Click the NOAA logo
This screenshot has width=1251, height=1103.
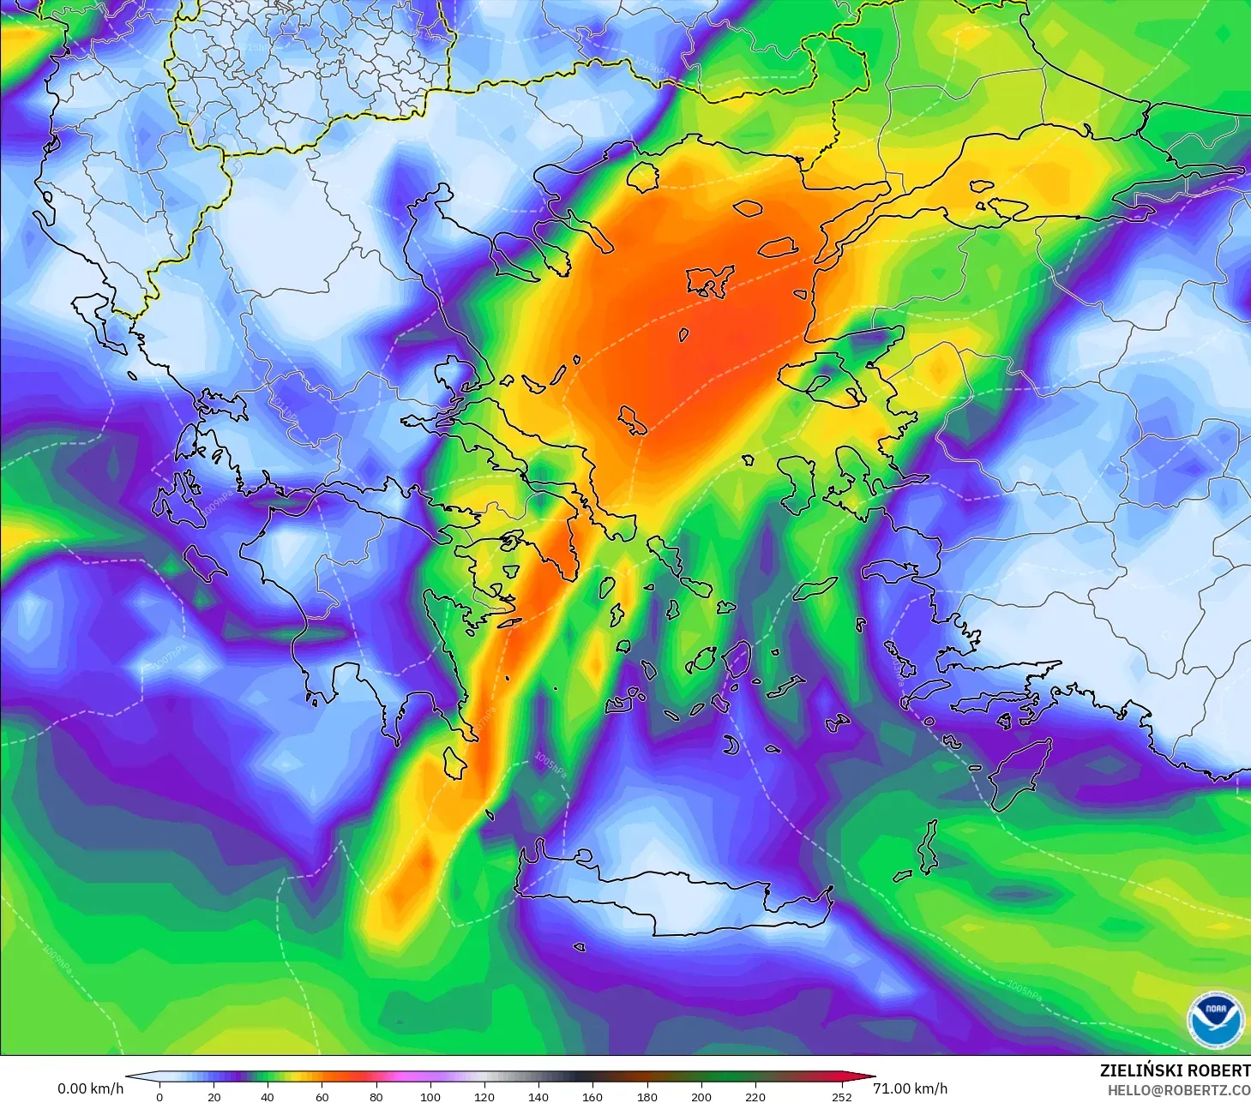coord(1215,1019)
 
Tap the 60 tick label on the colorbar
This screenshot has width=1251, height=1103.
coord(322,1096)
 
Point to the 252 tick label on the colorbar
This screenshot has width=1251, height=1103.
coord(841,1096)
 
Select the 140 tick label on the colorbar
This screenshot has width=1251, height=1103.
coord(538,1096)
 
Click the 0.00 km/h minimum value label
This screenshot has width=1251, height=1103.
coord(90,1088)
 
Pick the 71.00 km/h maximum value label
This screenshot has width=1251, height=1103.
coord(910,1088)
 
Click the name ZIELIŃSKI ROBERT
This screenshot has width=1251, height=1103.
coord(1175,1070)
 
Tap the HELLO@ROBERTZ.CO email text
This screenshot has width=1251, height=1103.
coord(1178,1090)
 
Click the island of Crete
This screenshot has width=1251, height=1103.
coord(677,900)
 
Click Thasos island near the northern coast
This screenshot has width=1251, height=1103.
coord(642,176)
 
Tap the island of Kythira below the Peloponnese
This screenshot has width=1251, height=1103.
coord(454,762)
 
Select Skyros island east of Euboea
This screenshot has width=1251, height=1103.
coord(634,420)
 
